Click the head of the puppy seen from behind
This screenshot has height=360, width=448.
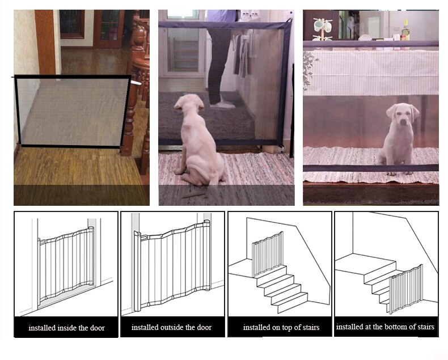(188, 108)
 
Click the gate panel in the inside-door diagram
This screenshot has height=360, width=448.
(65, 264)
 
